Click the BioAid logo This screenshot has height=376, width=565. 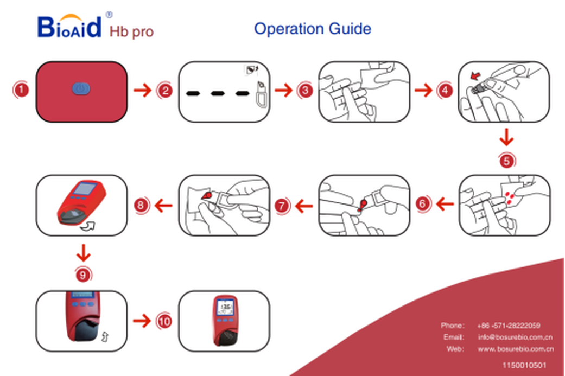(x=69, y=26)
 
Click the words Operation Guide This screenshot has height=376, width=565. (x=313, y=29)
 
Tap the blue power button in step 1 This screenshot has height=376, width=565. (x=81, y=89)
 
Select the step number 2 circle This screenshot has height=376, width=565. (x=164, y=90)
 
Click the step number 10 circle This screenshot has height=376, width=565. (x=164, y=321)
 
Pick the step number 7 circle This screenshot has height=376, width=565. (x=283, y=205)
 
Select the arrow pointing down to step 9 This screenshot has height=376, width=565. (x=83, y=253)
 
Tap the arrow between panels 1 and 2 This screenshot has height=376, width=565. (x=143, y=90)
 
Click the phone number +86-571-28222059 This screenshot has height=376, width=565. (x=509, y=326)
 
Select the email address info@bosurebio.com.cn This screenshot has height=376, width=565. (x=515, y=337)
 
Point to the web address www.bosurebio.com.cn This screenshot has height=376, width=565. (x=515, y=349)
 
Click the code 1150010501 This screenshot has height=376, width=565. (x=524, y=365)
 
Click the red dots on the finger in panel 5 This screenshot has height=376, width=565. (x=510, y=198)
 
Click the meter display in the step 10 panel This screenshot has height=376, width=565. (x=226, y=308)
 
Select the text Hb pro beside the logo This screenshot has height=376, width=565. (x=131, y=31)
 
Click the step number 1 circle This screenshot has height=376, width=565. (x=21, y=90)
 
